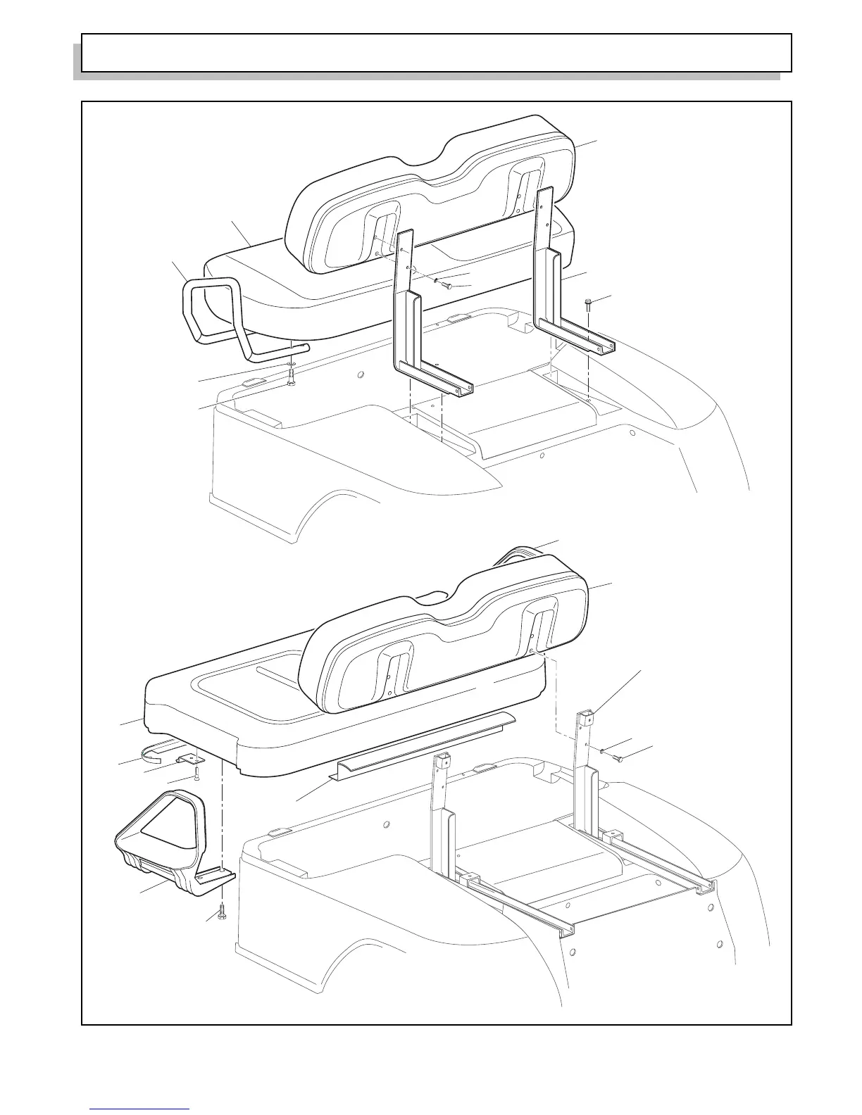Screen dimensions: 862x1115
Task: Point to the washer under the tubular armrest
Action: (291, 366)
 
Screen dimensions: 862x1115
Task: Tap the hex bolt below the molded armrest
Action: (222, 913)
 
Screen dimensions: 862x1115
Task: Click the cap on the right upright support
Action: (587, 717)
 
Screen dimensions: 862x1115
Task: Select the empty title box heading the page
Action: (437, 53)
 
